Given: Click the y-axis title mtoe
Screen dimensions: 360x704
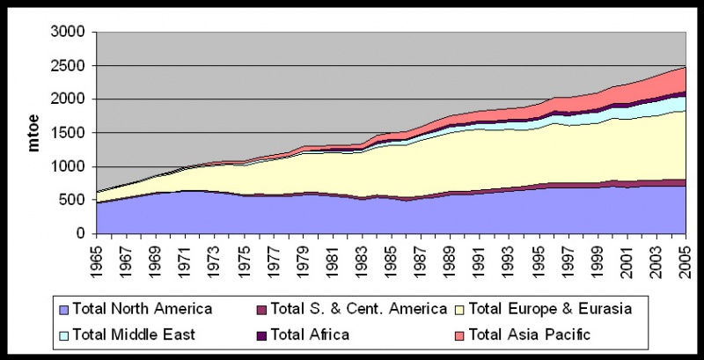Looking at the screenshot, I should click(x=34, y=133).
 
